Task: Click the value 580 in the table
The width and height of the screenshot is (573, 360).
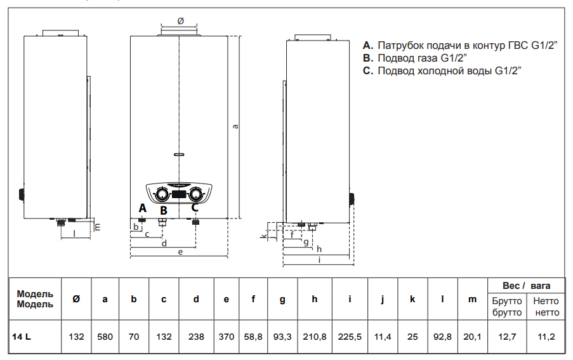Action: (105, 337)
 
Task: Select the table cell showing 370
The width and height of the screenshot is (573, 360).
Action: (226, 337)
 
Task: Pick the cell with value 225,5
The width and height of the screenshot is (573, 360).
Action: (350, 337)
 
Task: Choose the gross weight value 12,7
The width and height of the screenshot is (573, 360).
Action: (506, 337)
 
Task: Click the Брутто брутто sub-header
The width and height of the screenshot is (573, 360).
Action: (506, 307)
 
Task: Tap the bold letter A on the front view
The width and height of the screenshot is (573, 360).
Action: (142, 208)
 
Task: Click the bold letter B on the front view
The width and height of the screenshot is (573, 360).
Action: (164, 210)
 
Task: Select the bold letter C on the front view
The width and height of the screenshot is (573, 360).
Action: (195, 206)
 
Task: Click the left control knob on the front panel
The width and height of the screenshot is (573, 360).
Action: (162, 193)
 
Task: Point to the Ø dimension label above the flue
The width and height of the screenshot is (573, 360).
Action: (180, 21)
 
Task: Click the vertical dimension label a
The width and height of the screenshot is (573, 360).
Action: (235, 126)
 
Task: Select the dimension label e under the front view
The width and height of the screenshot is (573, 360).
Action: (180, 253)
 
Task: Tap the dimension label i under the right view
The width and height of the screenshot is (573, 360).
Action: (319, 259)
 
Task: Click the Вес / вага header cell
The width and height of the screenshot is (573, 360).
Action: (527, 286)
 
